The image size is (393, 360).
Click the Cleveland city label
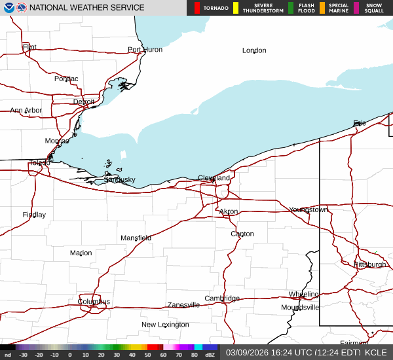214,178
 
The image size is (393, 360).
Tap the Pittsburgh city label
370,264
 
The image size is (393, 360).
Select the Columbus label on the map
94,302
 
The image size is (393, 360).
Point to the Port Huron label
145,50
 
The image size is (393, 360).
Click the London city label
254,50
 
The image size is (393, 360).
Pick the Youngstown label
309,210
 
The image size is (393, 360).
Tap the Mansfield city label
136,238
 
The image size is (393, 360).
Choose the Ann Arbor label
26,111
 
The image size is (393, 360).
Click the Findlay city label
34,215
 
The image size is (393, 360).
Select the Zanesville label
183,305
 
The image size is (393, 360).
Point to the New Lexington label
165,325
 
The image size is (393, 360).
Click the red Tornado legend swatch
197,8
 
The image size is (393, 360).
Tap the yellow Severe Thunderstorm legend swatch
236,8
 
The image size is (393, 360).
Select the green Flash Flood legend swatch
291,8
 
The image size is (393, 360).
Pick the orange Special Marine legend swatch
322,8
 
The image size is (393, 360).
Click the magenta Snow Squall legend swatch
356,8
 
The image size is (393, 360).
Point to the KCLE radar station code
377,352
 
